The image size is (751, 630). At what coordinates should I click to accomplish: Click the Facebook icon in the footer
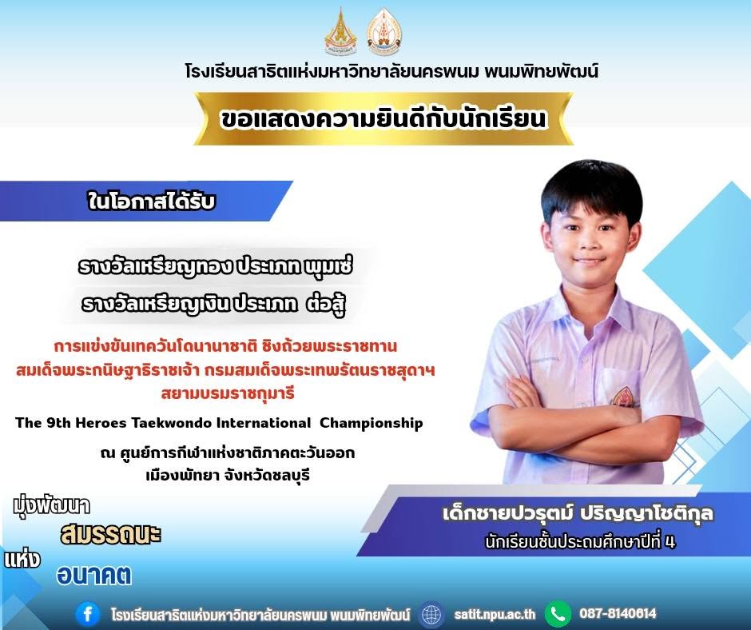tap(88, 614)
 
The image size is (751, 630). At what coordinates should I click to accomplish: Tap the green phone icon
tap(558, 613)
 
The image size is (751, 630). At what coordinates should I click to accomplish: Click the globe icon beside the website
tap(431, 614)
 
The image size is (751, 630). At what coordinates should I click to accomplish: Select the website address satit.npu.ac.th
tap(495, 614)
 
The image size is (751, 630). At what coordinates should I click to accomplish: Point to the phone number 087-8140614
tap(618, 613)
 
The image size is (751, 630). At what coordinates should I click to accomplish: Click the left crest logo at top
tap(341, 32)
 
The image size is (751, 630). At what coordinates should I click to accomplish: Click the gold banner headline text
tap(383, 118)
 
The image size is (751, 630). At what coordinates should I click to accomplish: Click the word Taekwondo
tap(171, 423)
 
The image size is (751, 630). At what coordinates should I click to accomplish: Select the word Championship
tap(372, 424)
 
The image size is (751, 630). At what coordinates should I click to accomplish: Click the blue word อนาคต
tap(94, 575)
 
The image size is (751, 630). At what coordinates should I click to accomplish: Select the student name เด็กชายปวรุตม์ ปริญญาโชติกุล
tap(578, 513)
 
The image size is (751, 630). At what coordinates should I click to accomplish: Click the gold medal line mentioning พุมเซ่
tap(216, 266)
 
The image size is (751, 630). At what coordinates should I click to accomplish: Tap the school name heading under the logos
tap(391, 72)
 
